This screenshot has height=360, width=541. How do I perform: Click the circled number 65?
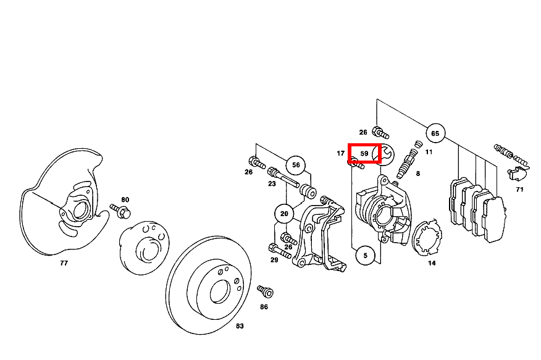coord(435,133)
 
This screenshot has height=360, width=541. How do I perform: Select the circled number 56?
coord(296,165)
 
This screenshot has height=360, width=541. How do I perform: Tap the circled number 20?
coord(284,214)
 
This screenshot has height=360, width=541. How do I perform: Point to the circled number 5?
coord(365,255)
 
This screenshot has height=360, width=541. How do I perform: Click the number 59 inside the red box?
coord(364,153)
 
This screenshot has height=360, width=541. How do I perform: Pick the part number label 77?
coord(64,263)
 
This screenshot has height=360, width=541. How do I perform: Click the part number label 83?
coord(240,325)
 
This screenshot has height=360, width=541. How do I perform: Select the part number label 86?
coord(264,306)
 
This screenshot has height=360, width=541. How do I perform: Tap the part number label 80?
coord(125,199)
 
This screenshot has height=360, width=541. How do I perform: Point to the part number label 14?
coord(432,263)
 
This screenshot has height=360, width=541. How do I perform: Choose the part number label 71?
coord(519,190)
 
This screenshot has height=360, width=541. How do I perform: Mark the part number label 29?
coord(274,261)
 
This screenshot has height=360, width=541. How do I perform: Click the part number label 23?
coord(272,183)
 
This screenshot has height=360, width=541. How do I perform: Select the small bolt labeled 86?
coord(265,290)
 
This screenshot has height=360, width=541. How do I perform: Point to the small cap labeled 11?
coord(417,145)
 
